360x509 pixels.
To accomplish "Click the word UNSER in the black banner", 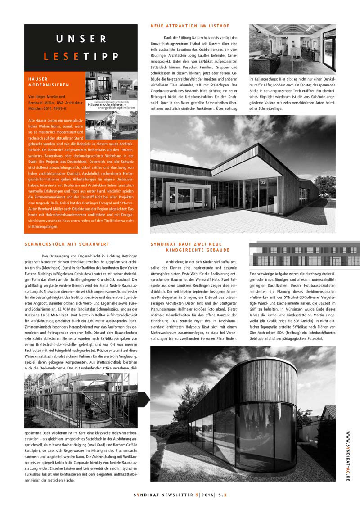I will click(x=81, y=40).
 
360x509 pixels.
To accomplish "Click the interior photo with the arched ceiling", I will click(x=292, y=49).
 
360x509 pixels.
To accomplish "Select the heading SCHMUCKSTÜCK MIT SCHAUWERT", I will click(x=67, y=244).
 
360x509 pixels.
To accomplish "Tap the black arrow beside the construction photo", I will click(x=144, y=399).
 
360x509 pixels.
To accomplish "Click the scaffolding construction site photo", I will click(x=81, y=401).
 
